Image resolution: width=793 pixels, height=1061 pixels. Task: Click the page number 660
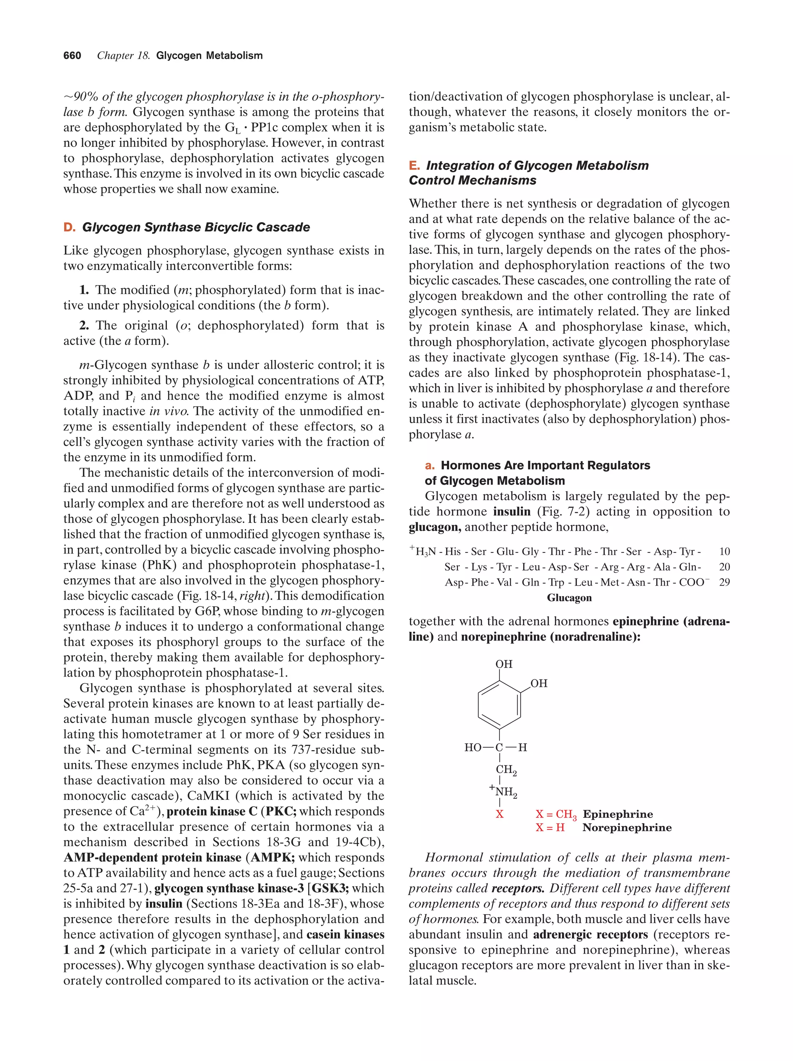click(72, 56)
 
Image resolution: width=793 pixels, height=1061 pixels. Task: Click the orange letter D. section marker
click(69, 227)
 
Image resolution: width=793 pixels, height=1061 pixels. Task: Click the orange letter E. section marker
click(414, 166)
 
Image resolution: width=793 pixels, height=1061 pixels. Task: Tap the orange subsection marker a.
click(429, 465)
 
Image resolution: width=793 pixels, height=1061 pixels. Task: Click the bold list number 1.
click(84, 290)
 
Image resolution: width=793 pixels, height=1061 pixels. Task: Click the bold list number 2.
click(84, 325)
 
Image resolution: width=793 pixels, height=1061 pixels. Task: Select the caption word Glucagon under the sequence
click(569, 598)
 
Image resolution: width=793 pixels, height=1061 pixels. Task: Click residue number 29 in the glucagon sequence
click(724, 582)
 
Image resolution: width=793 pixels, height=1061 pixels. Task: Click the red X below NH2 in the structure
click(499, 814)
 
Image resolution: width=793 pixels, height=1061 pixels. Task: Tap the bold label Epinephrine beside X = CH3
click(618, 814)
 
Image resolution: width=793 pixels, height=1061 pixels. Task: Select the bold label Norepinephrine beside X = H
click(627, 828)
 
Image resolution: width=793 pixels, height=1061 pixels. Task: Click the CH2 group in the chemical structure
click(506, 770)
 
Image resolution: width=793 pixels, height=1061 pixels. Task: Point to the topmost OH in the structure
click(504, 664)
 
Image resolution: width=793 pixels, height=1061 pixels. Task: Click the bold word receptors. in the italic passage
click(518, 888)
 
